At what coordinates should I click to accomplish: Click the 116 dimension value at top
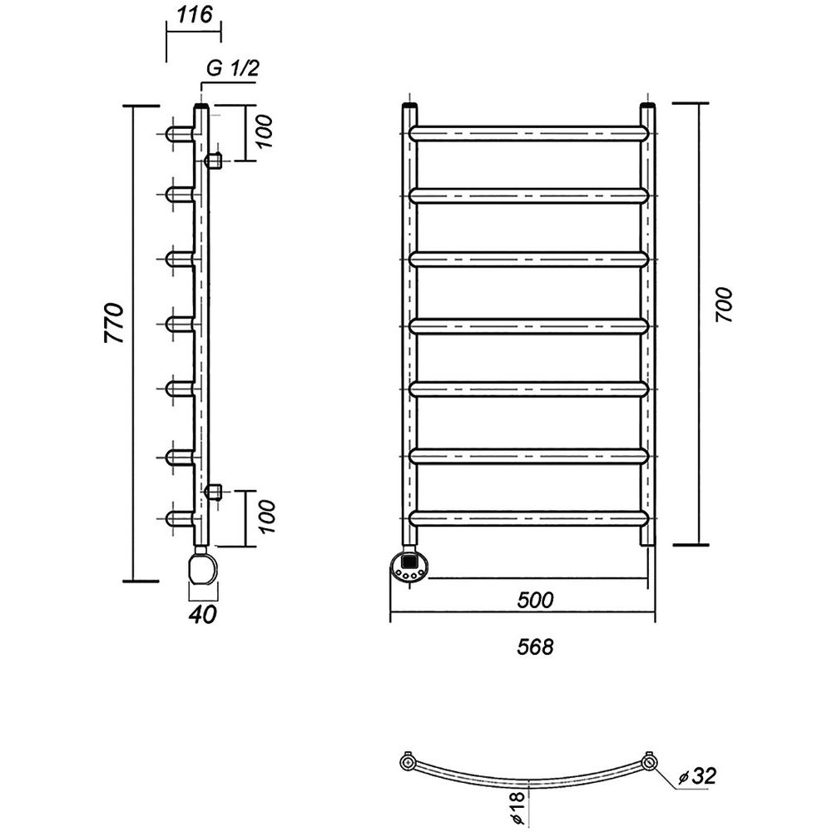[x=194, y=14]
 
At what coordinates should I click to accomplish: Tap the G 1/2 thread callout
[x=232, y=68]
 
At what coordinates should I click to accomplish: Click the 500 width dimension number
[x=535, y=600]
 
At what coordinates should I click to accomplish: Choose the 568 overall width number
[x=535, y=646]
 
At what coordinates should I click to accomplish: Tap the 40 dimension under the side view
[x=202, y=614]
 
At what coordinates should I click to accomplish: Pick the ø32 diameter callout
[x=696, y=775]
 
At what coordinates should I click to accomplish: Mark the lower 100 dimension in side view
[x=265, y=517]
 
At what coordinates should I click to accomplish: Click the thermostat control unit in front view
[x=411, y=567]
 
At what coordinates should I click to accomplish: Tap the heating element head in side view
[x=202, y=567]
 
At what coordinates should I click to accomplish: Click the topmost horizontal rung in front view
[x=529, y=133]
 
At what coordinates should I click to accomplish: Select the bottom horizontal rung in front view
[x=529, y=518]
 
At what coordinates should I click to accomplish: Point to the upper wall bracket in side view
[x=213, y=160]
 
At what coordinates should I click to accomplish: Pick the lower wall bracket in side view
[x=213, y=492]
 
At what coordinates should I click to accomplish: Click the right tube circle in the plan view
[x=649, y=762]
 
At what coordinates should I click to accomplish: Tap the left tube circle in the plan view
[x=407, y=762]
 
